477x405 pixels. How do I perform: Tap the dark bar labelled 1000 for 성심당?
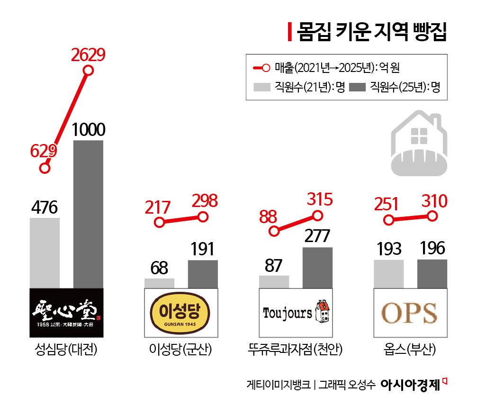[x=88, y=213]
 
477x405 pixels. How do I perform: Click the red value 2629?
[x=88, y=55]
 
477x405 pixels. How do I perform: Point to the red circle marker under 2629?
[x=88, y=71]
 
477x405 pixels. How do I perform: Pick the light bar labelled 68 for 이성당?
[x=159, y=283]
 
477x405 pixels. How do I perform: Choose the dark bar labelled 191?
[x=203, y=274]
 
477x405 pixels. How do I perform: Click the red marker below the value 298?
[x=203, y=217]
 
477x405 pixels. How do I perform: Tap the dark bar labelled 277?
[x=317, y=267]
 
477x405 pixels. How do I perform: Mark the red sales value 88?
[x=270, y=216]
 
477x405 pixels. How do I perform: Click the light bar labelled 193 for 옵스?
[x=388, y=273]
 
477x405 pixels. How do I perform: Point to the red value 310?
[x=432, y=202]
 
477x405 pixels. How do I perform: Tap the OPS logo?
[x=410, y=313]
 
